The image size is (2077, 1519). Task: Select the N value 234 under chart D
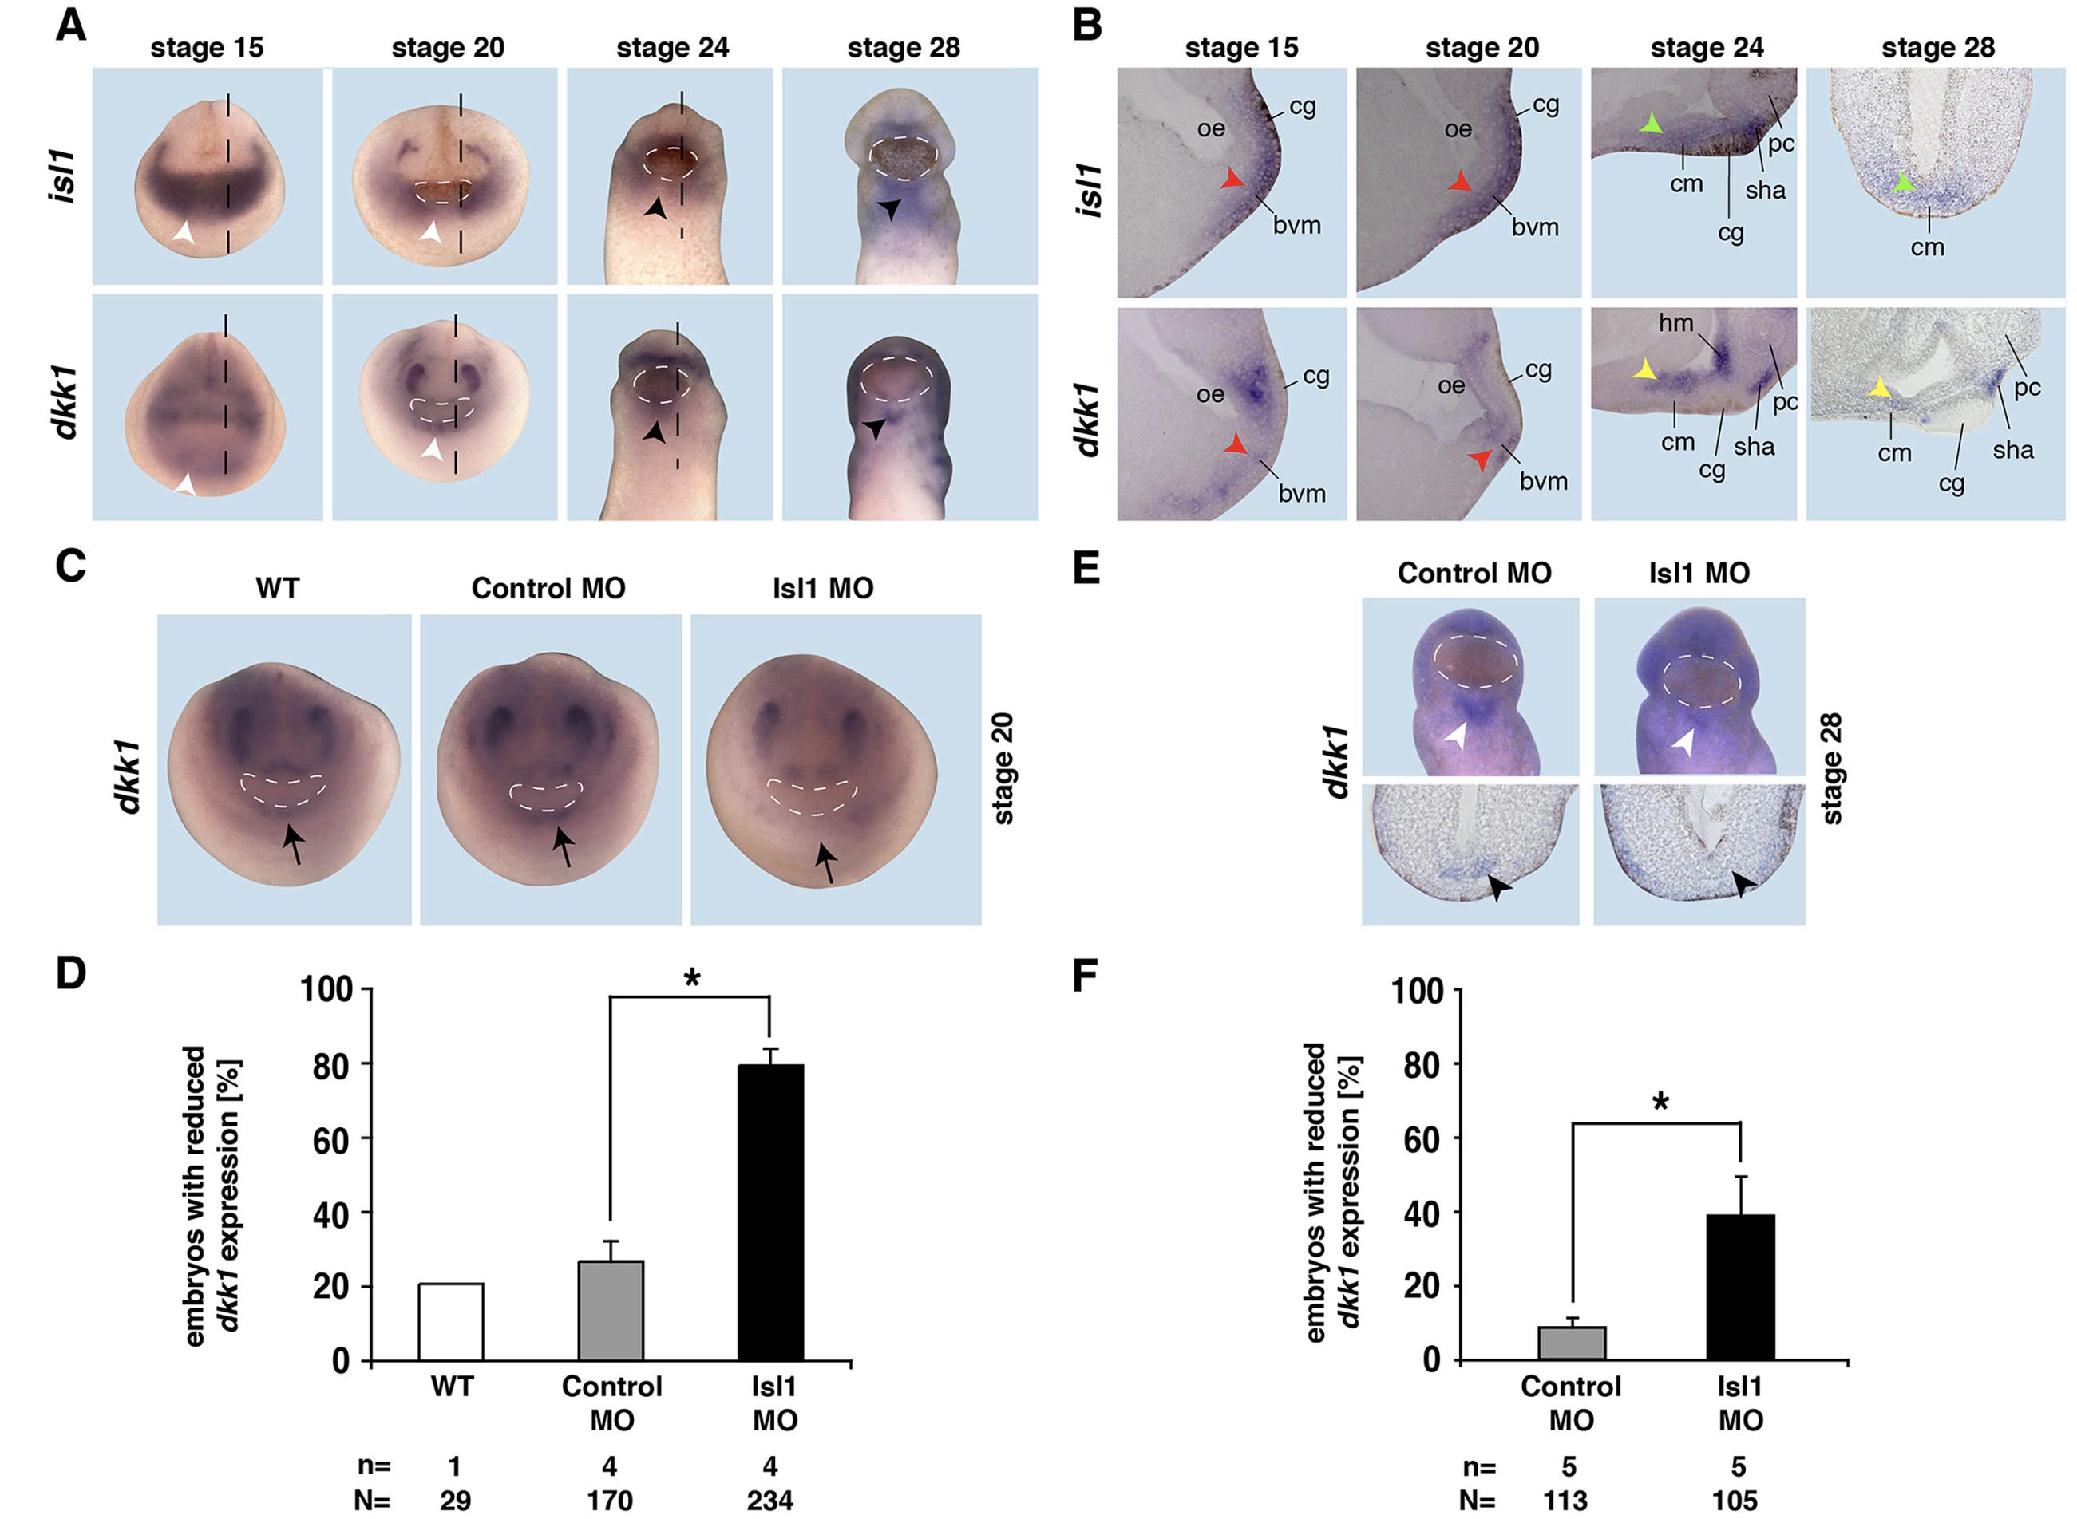click(x=770, y=1501)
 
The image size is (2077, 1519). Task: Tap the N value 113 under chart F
click(x=1565, y=1501)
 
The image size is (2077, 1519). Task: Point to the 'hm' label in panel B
click(x=1676, y=323)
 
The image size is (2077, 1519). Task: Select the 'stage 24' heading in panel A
click(x=672, y=48)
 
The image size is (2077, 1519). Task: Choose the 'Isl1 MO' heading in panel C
click(x=822, y=589)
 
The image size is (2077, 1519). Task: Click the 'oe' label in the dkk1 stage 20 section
click(x=1450, y=385)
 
